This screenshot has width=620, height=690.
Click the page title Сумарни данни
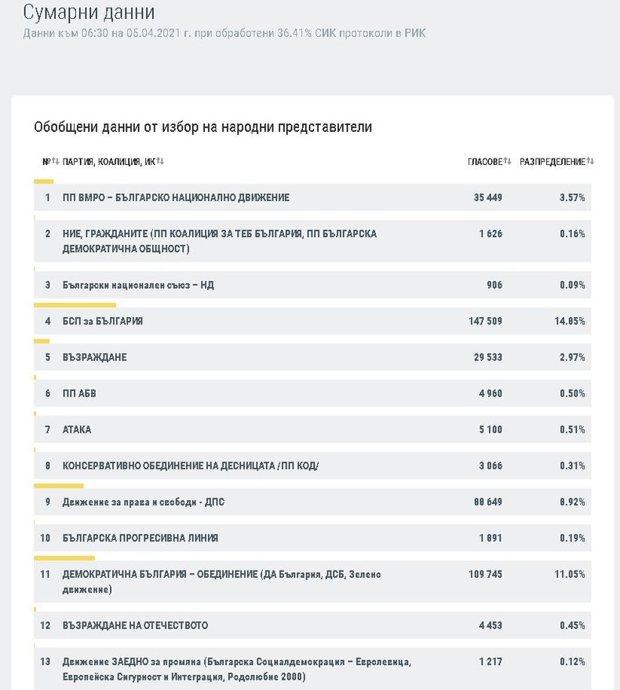(x=89, y=13)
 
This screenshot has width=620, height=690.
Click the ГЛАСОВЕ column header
(x=484, y=162)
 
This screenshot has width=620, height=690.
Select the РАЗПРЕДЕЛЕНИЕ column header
(x=553, y=162)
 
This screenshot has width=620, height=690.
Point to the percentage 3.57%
(x=572, y=198)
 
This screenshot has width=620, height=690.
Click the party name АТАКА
(x=77, y=429)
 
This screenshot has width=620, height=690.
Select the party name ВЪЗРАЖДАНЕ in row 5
(x=94, y=357)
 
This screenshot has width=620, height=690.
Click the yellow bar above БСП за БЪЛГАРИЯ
(x=75, y=305)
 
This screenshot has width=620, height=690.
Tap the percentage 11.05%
(x=570, y=575)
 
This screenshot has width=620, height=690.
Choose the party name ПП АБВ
(x=80, y=393)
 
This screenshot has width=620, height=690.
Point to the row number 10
(x=46, y=538)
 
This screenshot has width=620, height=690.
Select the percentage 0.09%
(x=572, y=285)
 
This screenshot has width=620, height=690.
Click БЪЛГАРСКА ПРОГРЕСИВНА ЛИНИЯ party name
(x=140, y=538)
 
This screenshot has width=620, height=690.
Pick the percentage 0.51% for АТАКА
(x=572, y=429)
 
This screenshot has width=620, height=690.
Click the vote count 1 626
(x=490, y=234)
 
